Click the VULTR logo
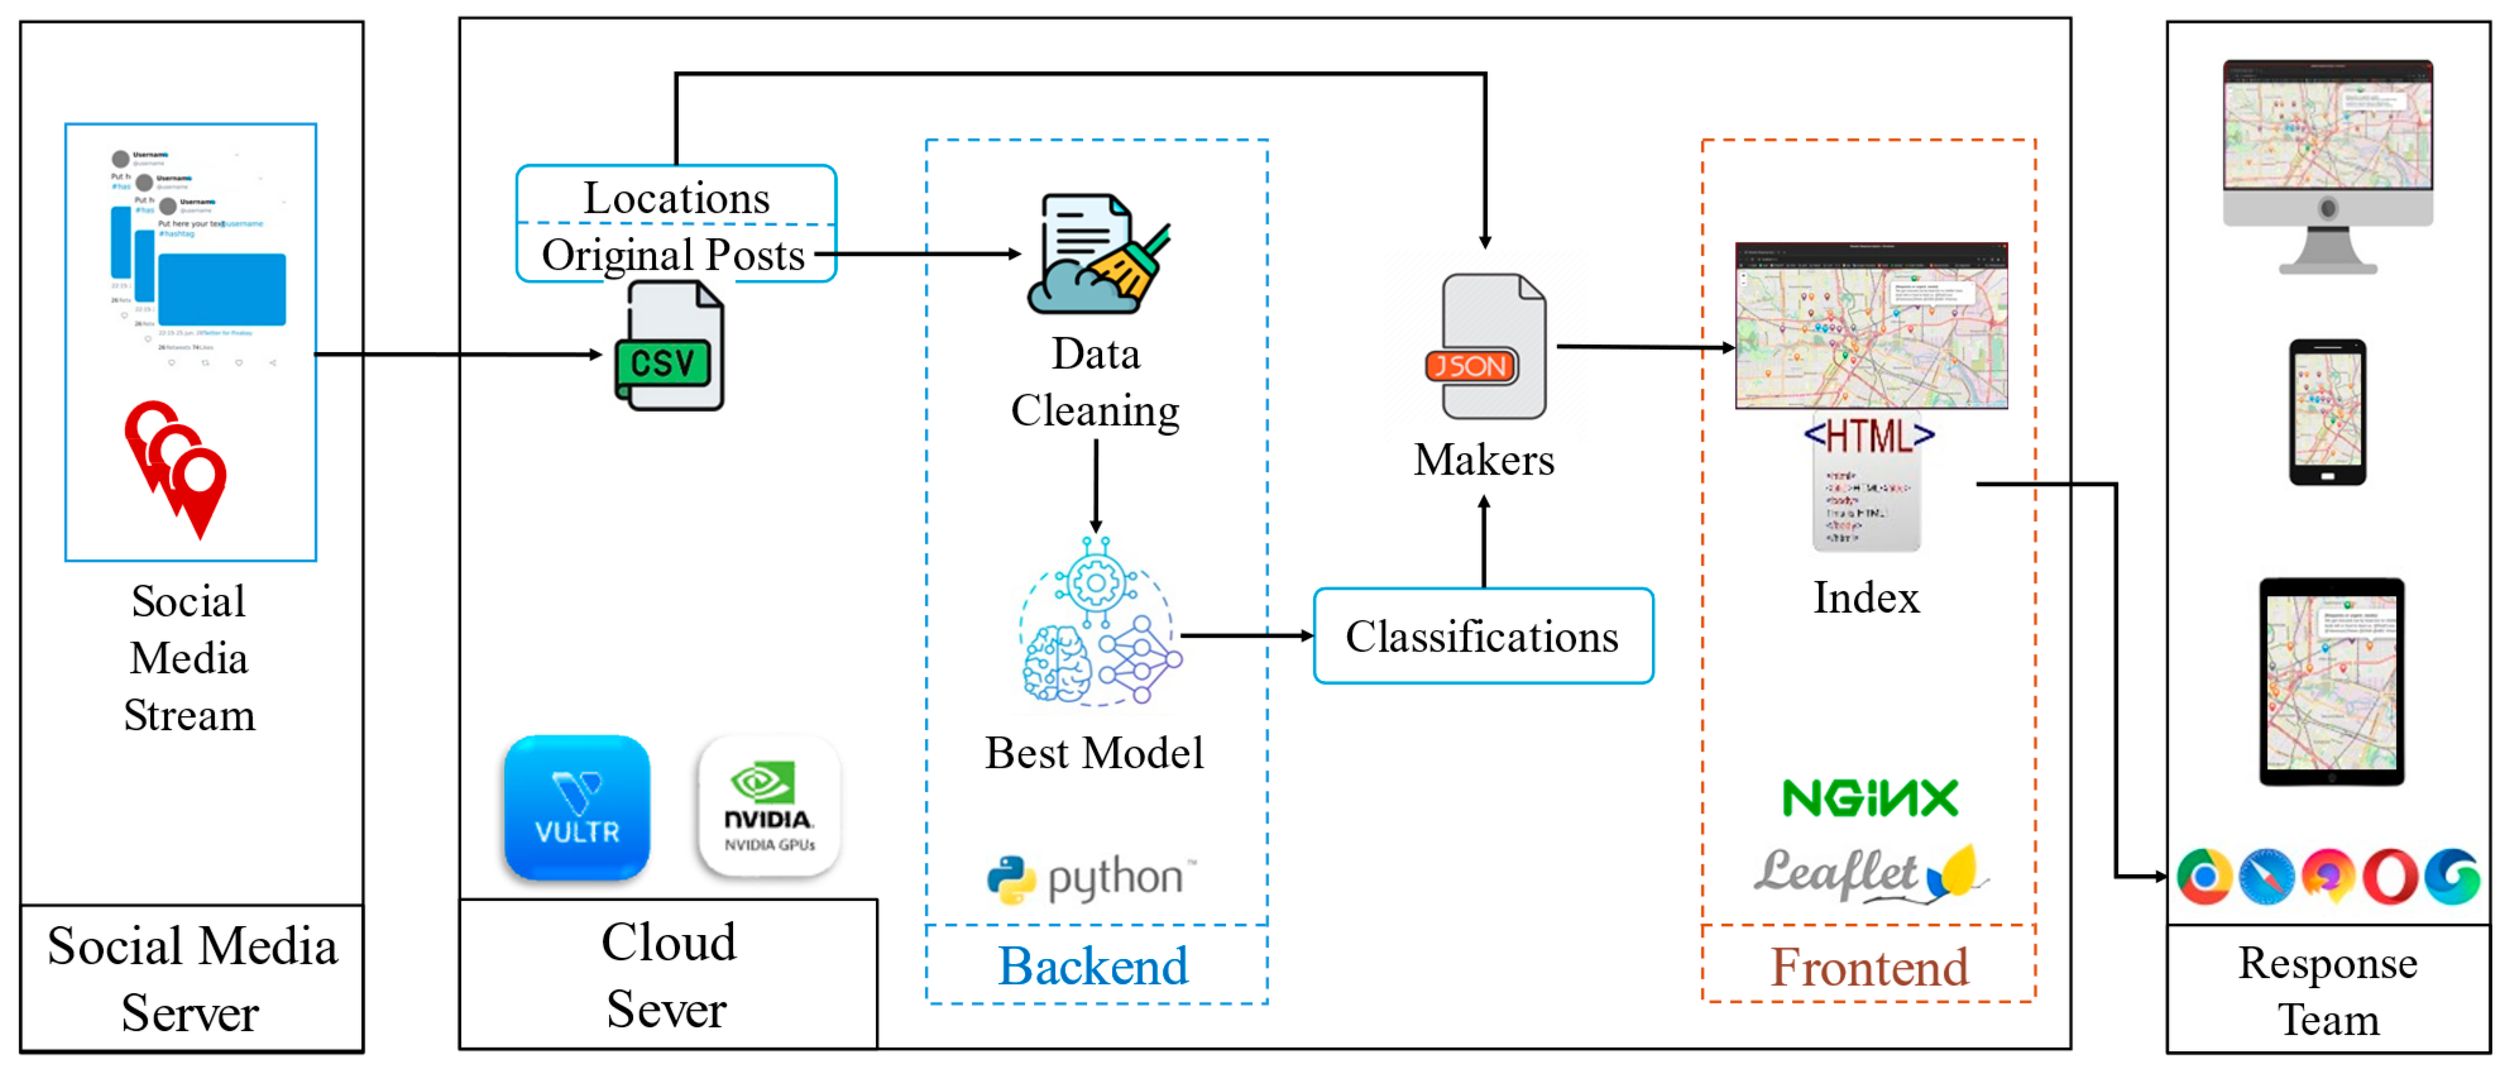(x=577, y=807)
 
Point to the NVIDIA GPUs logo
(x=769, y=807)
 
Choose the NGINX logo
(x=1870, y=798)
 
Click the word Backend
(x=1093, y=966)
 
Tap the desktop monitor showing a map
(x=2327, y=166)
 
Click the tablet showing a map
(x=2331, y=681)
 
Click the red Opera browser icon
(x=2390, y=876)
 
